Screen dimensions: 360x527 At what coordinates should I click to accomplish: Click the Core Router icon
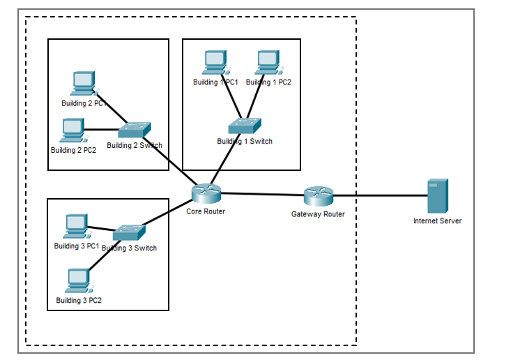[x=206, y=193]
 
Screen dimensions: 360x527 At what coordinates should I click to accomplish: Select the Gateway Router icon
[x=319, y=196]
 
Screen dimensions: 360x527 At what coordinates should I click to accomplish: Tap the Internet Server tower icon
[x=437, y=196]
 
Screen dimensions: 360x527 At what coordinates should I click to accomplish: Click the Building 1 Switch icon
[x=245, y=126]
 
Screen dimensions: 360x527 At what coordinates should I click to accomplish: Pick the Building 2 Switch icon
[x=134, y=130]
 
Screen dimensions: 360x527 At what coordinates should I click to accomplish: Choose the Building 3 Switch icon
[x=129, y=232]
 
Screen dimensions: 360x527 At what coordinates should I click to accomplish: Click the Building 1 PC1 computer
[x=215, y=63]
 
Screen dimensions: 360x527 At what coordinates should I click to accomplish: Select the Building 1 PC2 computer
[x=268, y=63]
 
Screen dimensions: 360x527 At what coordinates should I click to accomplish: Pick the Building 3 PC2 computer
[x=77, y=280]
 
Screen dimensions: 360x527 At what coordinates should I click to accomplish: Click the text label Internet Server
[x=437, y=221]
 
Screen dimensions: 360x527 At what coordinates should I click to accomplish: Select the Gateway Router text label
[x=318, y=214]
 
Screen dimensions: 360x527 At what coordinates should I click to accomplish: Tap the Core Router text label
[x=206, y=211]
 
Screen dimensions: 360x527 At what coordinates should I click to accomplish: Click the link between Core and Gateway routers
[x=262, y=195]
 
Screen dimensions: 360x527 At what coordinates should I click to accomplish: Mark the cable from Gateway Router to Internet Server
[x=380, y=196]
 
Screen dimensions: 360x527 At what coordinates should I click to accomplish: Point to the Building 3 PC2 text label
[x=79, y=301]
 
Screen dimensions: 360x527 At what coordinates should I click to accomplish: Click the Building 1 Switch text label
[x=245, y=142]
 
